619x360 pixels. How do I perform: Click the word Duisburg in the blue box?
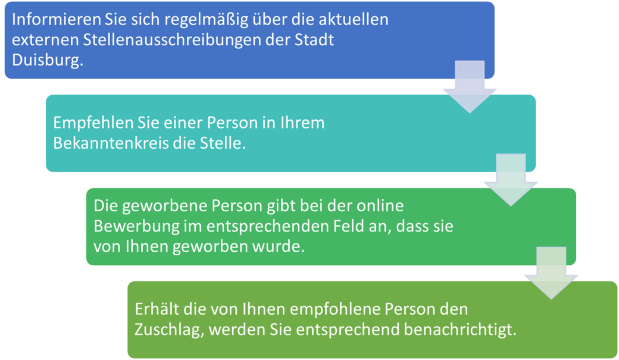tap(48, 60)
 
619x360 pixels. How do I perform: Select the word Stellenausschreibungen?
tap(171, 40)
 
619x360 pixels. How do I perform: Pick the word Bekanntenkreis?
tap(111, 143)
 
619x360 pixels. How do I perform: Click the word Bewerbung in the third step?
tap(135, 227)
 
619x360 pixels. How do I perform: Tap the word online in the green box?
tap(380, 206)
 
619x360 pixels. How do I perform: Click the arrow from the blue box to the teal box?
tap(470, 87)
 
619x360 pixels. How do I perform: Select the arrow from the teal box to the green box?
tap(511, 180)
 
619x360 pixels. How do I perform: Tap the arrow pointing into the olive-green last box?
tap(552, 273)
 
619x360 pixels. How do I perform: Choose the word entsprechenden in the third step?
tap(268, 227)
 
